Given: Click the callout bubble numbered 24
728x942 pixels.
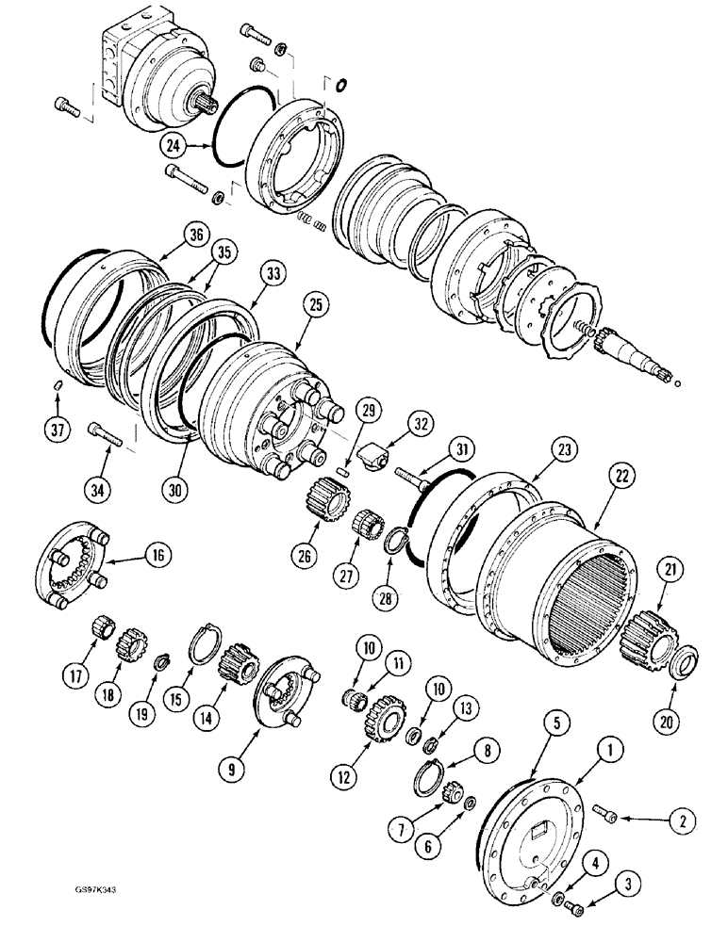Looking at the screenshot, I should click(x=172, y=145).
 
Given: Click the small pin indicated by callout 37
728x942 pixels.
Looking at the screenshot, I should click(x=57, y=383).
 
